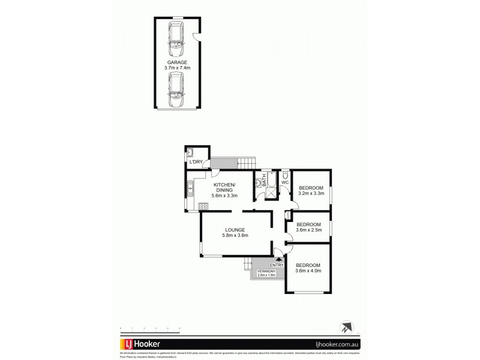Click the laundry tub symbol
click(x=191, y=152)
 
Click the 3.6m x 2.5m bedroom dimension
click(x=310, y=230)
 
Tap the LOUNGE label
click(x=235, y=231)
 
